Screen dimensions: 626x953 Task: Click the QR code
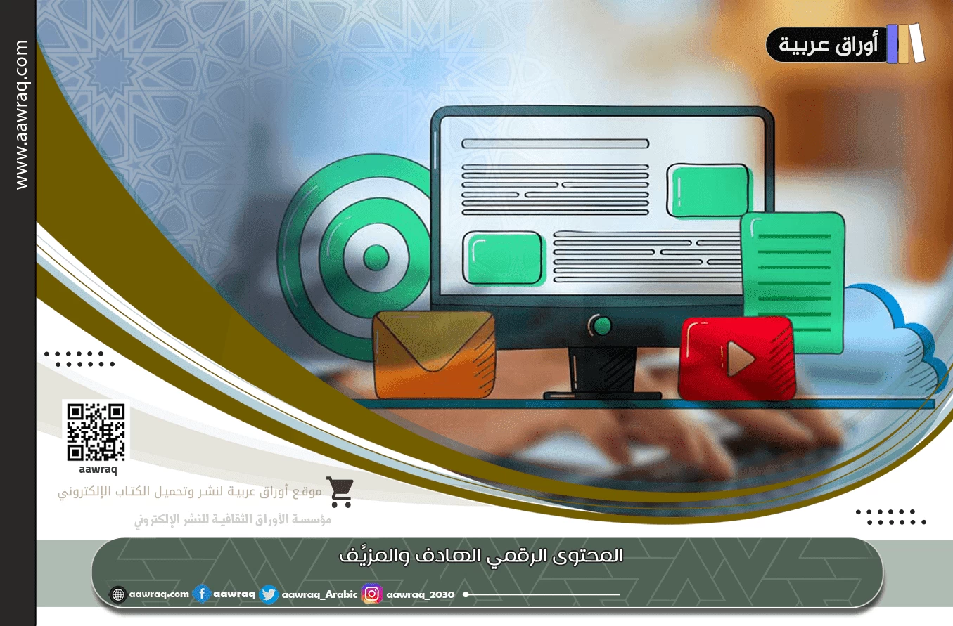[x=96, y=430]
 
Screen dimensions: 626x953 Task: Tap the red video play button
[x=736, y=358]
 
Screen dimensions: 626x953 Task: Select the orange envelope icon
[x=433, y=354]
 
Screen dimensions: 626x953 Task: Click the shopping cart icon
[x=340, y=492]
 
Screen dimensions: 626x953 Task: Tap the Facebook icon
[x=202, y=594]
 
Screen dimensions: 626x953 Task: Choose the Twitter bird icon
[x=269, y=594]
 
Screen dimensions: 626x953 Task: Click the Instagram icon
[x=372, y=594]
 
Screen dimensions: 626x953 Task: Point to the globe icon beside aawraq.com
[x=118, y=594]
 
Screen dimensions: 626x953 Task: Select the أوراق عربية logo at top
[x=844, y=44]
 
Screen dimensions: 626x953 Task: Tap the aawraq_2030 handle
[x=421, y=595]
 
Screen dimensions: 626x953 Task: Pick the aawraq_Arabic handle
[x=319, y=595]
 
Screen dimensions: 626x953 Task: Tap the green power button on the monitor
[x=601, y=325]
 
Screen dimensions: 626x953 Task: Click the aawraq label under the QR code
[x=96, y=470]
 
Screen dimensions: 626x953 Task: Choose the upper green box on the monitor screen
[x=707, y=190]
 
